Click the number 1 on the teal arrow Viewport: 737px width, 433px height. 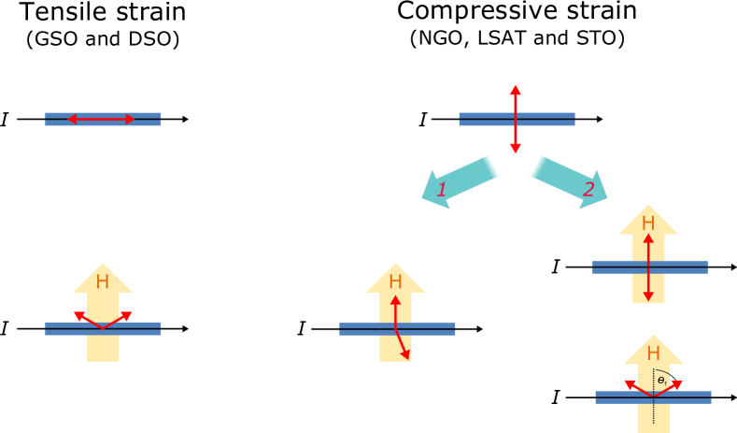(x=442, y=190)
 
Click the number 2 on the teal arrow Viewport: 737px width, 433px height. (x=588, y=190)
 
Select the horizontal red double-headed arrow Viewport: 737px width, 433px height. (x=101, y=119)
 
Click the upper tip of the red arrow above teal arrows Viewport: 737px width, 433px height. (x=515, y=87)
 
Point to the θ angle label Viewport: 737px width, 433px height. (x=662, y=381)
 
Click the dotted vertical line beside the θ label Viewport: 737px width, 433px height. (x=653, y=411)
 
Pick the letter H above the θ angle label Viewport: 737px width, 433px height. (x=653, y=354)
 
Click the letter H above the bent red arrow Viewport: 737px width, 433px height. (x=395, y=281)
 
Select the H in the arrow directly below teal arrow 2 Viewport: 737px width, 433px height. (x=648, y=224)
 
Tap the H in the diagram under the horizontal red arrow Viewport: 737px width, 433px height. (x=103, y=281)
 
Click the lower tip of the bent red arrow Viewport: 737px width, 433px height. (x=406, y=356)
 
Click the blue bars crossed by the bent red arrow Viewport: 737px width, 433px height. (x=430, y=328)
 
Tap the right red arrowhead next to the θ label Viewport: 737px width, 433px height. (x=677, y=383)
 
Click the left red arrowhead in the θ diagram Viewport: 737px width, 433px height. (x=629, y=383)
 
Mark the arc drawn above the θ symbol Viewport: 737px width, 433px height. (x=663, y=371)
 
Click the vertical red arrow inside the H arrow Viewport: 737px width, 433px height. (x=648, y=267)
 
